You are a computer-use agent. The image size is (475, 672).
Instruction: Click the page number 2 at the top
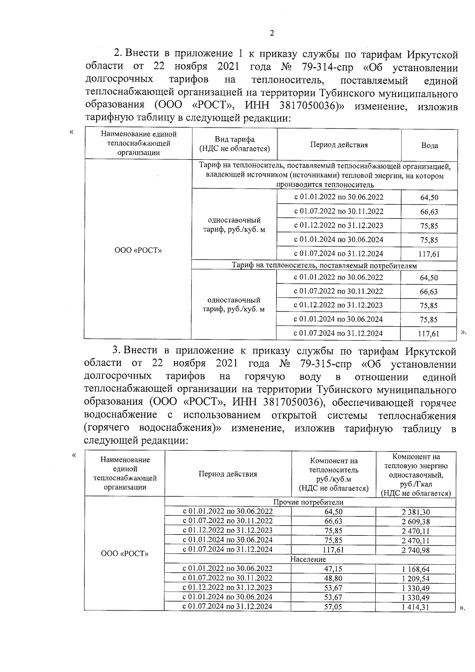click(272, 33)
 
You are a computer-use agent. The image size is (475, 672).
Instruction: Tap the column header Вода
click(429, 145)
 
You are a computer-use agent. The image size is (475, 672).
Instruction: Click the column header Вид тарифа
click(234, 139)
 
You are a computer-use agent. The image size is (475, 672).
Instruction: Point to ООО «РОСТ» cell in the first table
click(138, 251)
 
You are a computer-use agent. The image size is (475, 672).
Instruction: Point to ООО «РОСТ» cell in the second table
click(125, 554)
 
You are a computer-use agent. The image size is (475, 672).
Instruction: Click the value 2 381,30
click(415, 512)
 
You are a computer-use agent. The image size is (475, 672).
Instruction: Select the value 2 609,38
click(415, 522)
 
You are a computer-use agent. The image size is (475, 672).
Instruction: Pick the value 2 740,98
click(415, 550)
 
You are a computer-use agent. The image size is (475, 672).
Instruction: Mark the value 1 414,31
click(415, 607)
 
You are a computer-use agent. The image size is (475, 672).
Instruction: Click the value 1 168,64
click(415, 569)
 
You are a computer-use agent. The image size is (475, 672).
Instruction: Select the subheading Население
click(308, 559)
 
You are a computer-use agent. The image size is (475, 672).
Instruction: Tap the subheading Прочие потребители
click(308, 503)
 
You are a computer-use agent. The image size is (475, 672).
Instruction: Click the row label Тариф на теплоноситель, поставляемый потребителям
click(324, 266)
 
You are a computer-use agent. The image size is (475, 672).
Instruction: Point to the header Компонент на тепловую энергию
click(416, 461)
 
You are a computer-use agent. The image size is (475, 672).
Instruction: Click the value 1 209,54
click(415, 579)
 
